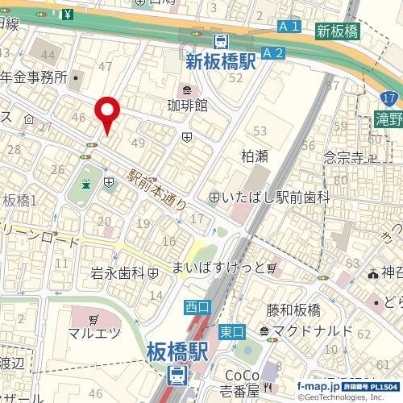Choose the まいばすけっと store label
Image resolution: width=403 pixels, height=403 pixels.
(218, 267)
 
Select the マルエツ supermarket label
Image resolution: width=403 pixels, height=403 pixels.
(93, 332)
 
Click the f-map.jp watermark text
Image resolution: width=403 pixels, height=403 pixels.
(320, 387)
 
